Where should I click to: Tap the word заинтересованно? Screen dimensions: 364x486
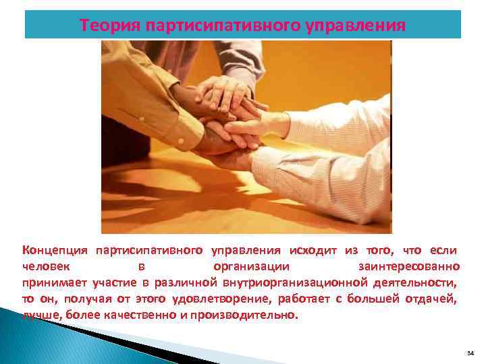(x=410, y=266)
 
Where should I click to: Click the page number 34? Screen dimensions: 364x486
(x=470, y=353)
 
